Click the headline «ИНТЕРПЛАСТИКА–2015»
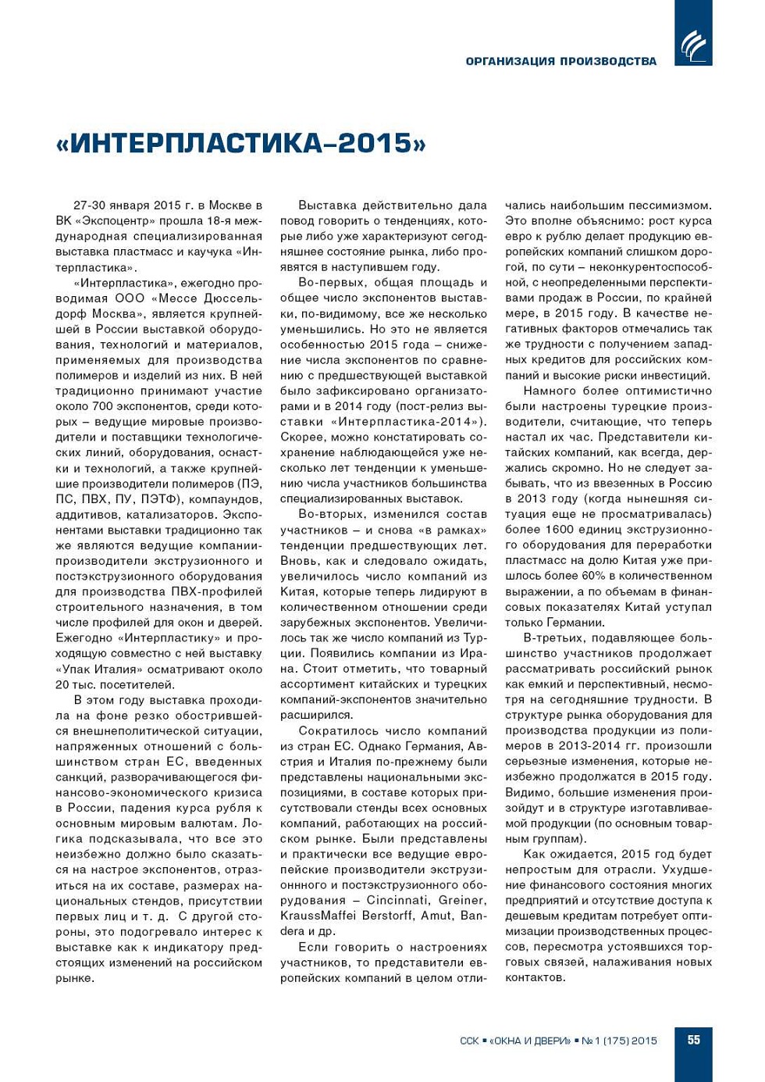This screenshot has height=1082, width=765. coord(241,143)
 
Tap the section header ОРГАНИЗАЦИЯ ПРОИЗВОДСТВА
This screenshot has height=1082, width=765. coord(560,61)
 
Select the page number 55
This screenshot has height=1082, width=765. coord(693,1040)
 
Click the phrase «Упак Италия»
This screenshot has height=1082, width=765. coord(94,670)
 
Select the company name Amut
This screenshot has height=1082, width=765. coord(436,916)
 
